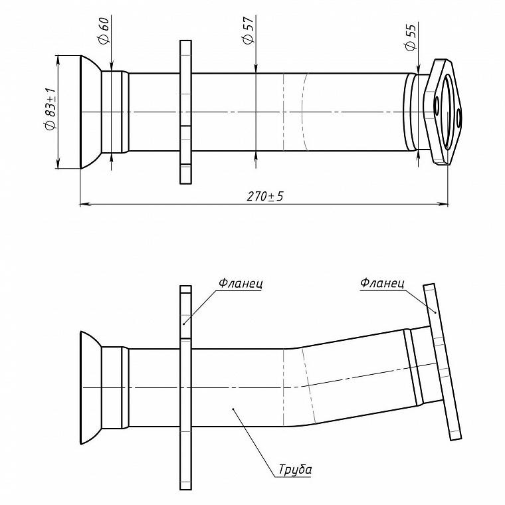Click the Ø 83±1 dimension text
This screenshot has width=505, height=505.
pos(51,109)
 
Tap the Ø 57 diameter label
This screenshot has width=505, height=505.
pos(248,30)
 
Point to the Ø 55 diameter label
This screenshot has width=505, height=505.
pos(411,37)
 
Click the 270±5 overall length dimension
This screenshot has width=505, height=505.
pos(265,196)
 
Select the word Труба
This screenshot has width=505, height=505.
pos(295,469)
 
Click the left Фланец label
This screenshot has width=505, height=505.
pos(241,284)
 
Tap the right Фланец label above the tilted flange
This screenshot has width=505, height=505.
pos(382,283)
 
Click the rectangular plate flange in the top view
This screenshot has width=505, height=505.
pos(185,112)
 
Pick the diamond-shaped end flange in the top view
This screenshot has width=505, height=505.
pos(443,112)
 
